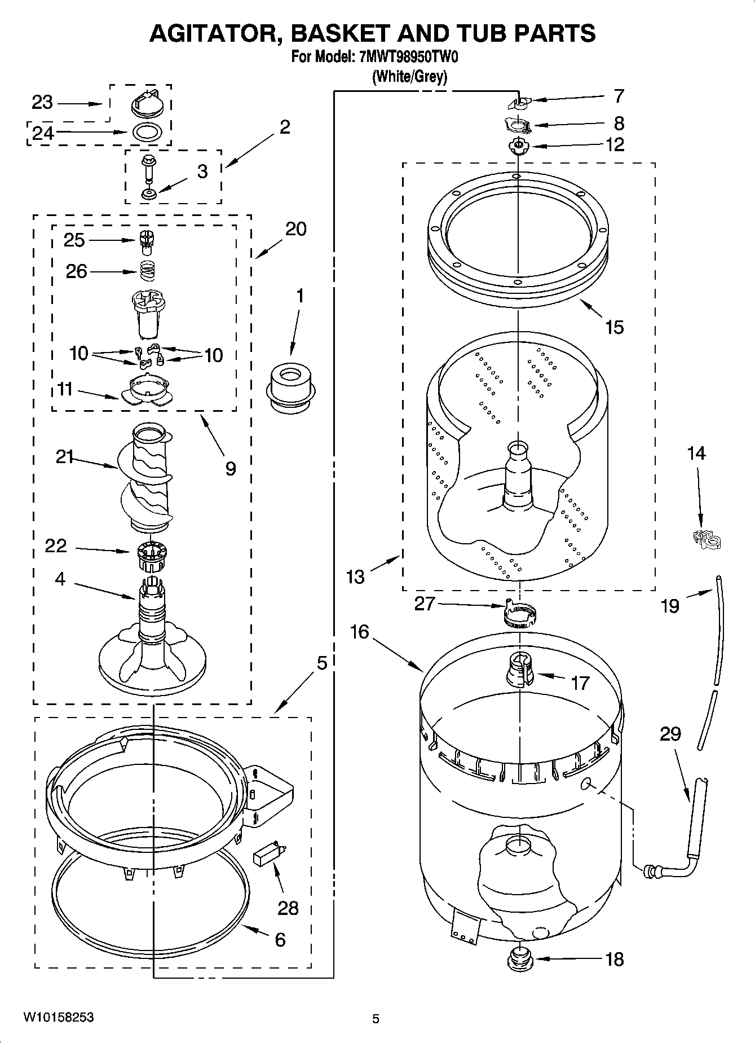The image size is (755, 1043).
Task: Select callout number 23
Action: tap(42, 103)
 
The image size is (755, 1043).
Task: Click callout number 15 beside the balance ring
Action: tap(614, 327)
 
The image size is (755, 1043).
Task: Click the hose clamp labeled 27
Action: tap(518, 615)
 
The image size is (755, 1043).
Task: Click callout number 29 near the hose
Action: tap(670, 734)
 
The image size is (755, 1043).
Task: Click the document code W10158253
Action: tap(58, 1018)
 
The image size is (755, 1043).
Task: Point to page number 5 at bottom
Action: tap(376, 1019)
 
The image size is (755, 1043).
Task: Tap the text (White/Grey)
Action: tap(410, 76)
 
